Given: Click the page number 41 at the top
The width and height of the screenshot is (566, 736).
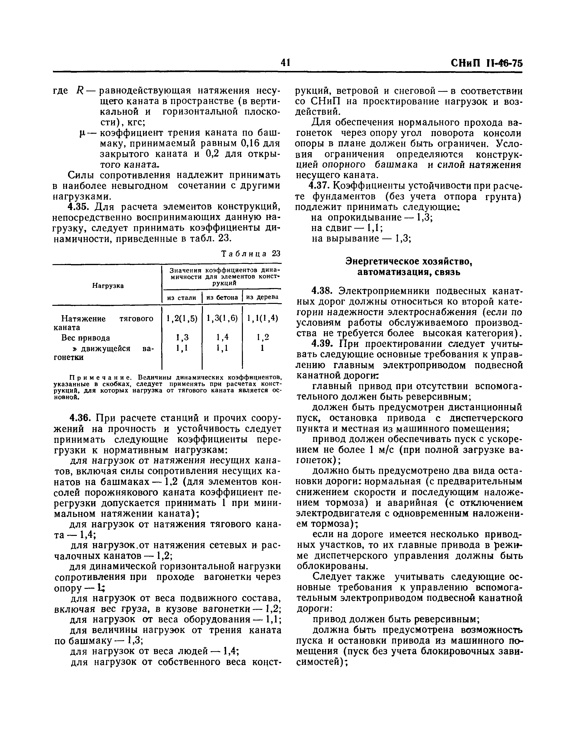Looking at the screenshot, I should coord(285,63).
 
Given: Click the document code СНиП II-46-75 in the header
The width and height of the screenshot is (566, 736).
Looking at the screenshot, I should coord(486,63).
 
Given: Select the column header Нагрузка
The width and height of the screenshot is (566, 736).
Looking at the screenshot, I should coord(108,285).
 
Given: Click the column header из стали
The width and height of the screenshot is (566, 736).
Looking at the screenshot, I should coord(182,298).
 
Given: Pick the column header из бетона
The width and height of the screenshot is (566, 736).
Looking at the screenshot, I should coord(222,298).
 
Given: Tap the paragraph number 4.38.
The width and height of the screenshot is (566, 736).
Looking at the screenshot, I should coord(322,290).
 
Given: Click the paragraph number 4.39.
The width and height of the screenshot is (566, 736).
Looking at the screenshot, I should coord(322,343).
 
